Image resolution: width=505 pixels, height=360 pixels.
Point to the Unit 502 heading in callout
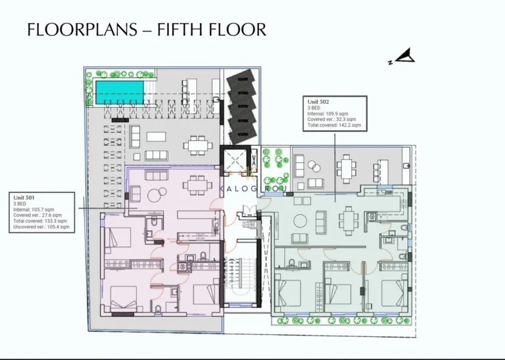pos(318,102)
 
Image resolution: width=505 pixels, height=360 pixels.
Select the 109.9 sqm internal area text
pos(337,114)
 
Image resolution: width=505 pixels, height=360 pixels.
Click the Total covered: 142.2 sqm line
pos(334,125)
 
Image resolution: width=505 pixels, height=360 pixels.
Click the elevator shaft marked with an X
pos(235,160)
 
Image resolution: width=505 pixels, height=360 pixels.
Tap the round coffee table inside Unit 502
pos(301,220)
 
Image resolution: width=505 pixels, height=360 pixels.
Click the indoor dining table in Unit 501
pos(195,186)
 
